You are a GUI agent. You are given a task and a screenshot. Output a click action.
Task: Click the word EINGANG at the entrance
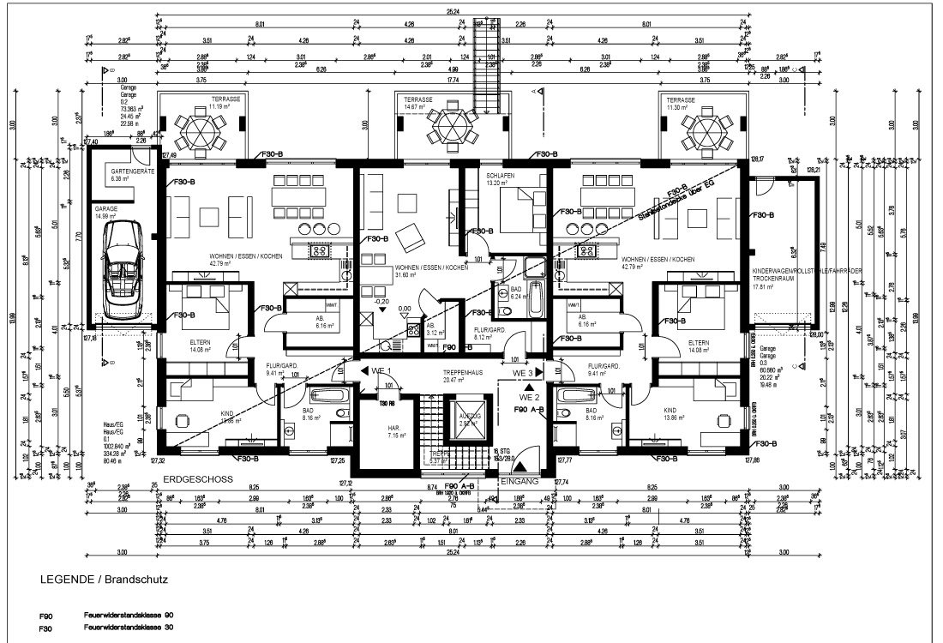pos(519,482)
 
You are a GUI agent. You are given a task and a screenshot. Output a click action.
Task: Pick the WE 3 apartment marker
pos(524,374)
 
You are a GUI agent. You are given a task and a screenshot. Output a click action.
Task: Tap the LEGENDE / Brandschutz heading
pos(104,580)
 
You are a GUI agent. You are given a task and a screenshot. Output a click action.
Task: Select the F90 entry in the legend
pos(46,616)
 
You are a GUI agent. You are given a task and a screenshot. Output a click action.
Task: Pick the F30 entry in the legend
pos(46,628)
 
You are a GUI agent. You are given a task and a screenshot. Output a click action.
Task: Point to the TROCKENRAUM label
pos(770,279)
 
